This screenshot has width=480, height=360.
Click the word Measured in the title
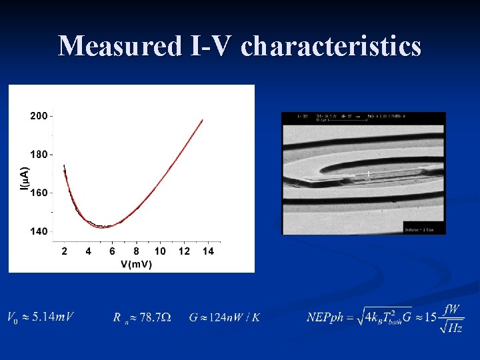pos(117,47)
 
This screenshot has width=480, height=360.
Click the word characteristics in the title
pos(331,47)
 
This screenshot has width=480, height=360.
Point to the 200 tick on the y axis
pos(39,116)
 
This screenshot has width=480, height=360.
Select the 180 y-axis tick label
pos(39,154)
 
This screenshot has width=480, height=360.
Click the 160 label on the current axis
pos(39,193)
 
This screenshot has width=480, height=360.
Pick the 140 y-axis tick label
pos(39,231)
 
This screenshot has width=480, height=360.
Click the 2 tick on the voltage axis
pos(64,251)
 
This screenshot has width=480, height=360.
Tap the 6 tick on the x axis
pos(112,251)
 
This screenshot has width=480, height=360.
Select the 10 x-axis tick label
pos(160,251)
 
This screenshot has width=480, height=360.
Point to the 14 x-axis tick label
pos(208,251)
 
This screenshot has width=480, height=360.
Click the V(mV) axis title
pos(136,265)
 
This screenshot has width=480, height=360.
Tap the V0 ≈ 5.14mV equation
pos(40,317)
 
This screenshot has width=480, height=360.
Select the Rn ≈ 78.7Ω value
pos(141,317)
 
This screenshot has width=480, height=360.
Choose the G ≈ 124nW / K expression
pos(224,317)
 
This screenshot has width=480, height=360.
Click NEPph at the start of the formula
pos(325,317)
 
